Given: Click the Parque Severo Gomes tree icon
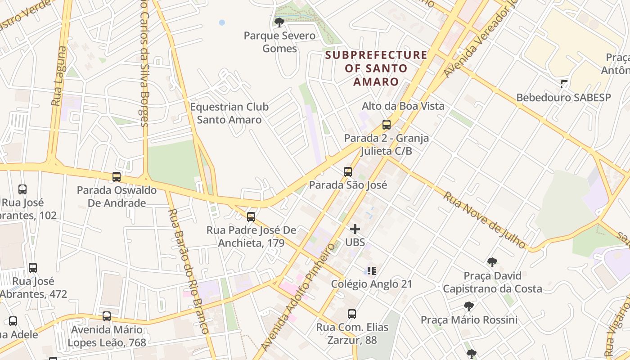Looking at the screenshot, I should point(279,22).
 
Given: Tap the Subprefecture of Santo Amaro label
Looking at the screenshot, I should point(376,68).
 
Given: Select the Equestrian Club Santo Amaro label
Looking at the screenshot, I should point(229,113).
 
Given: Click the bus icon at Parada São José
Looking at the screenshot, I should point(347,171).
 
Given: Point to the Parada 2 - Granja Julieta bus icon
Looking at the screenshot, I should point(386,125).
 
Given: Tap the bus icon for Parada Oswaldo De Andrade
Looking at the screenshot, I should point(117,177).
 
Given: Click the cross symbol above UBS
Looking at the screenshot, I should point(355,229).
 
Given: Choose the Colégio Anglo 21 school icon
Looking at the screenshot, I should point(371,270).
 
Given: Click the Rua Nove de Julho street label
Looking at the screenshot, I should point(484,220).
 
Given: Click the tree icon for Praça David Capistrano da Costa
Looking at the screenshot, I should point(492,262).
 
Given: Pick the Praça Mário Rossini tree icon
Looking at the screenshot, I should point(469,306).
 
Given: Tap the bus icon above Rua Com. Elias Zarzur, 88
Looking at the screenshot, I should point(352,314).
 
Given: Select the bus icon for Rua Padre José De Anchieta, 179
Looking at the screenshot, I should point(251,217).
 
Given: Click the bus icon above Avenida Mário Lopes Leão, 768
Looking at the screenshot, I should point(107,316).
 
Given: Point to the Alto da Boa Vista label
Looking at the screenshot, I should point(403,106).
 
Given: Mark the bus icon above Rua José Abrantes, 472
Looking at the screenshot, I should point(33,268).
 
